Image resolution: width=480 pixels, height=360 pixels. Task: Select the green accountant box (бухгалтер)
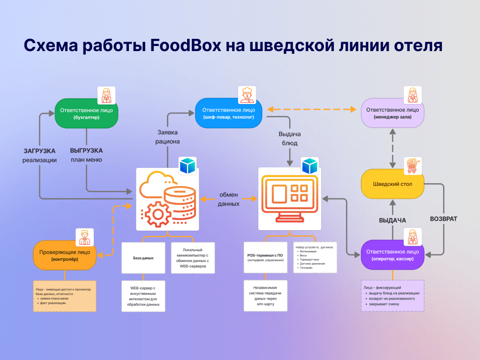(86, 113)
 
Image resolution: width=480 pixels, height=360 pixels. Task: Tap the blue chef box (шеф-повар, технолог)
(229, 113)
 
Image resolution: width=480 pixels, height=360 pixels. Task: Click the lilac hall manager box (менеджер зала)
(393, 113)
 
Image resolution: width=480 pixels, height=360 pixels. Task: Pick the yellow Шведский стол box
(393, 184)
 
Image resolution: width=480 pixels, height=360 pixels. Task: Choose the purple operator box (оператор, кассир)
(393, 255)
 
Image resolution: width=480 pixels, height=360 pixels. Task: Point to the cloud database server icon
(167, 198)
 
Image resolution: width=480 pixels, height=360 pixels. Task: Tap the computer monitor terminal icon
(290, 198)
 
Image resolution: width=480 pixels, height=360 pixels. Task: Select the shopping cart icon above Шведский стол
(412, 166)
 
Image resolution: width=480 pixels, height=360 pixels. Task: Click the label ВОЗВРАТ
(443, 219)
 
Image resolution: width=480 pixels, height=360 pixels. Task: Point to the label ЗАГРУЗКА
(40, 151)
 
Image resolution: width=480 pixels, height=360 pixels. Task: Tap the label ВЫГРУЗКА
(86, 151)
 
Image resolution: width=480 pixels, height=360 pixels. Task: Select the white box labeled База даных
(143, 258)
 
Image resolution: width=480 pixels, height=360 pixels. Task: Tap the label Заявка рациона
(167, 137)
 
